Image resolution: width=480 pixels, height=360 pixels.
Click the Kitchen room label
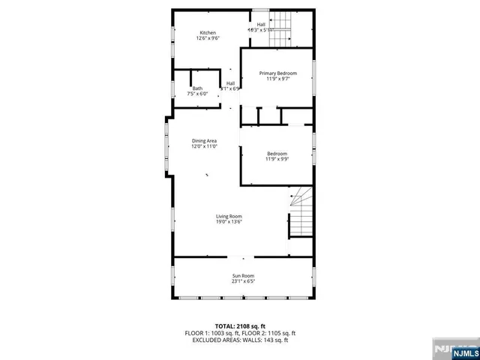click(x=208, y=32)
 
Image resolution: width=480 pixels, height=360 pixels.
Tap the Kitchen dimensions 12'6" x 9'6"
click(x=208, y=39)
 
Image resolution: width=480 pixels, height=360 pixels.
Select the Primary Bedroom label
click(x=277, y=73)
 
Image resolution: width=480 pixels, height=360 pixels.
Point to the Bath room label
click(x=196, y=88)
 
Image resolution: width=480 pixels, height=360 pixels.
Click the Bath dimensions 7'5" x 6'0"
click(x=196, y=94)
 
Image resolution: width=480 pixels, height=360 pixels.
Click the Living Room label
click(x=229, y=216)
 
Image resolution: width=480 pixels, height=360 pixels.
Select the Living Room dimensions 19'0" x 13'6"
click(x=229, y=223)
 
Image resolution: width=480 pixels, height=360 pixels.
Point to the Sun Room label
click(x=242, y=276)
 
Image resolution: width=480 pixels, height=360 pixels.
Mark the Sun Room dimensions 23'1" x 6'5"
click(x=242, y=282)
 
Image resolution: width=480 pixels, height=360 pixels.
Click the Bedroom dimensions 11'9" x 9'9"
click(x=277, y=159)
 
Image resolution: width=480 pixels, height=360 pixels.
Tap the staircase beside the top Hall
click(x=280, y=21)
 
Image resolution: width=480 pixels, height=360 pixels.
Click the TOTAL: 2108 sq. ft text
click(x=240, y=325)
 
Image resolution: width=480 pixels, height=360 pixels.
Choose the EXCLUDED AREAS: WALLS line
click(x=240, y=340)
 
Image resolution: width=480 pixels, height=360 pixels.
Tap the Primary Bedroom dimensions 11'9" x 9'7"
click(x=277, y=79)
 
